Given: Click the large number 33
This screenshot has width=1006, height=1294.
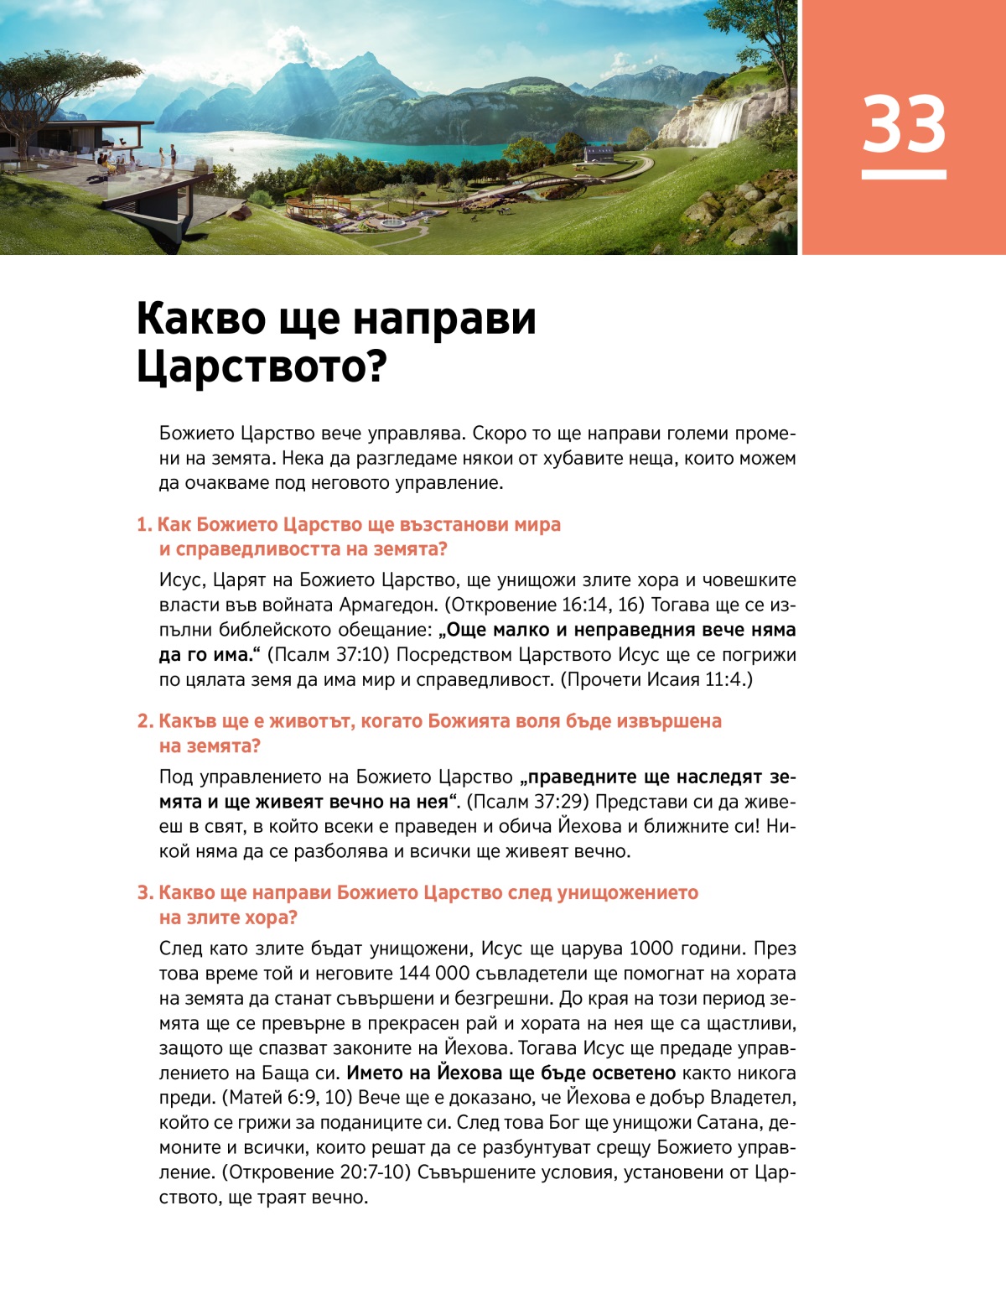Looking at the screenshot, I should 904,124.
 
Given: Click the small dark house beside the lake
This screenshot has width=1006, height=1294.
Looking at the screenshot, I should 599,153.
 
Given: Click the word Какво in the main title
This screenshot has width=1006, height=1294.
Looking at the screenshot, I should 196,320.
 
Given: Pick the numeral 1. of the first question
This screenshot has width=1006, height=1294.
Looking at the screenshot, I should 144,525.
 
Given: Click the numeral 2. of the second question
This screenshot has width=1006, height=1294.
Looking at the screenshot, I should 145,721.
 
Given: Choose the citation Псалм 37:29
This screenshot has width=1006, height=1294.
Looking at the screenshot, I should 527,802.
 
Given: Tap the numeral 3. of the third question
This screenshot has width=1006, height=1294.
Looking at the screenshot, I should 145,892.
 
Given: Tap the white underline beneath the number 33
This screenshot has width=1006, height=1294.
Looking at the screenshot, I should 904,174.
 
